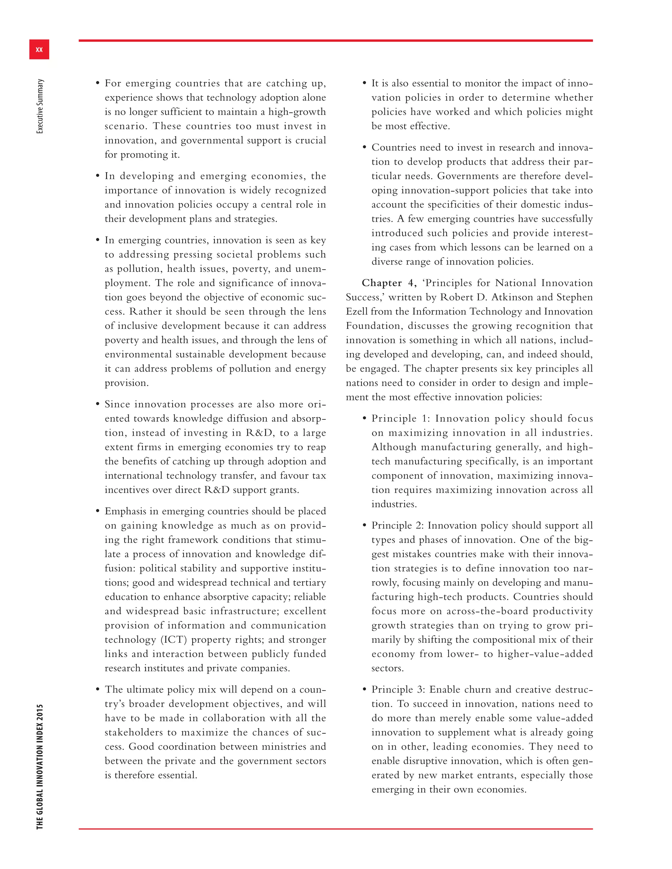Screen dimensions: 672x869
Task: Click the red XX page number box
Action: pyautogui.click(x=39, y=49)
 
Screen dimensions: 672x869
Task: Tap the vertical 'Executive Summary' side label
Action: pyautogui.click(x=40, y=106)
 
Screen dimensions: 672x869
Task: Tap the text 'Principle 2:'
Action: pyautogui.click(x=397, y=526)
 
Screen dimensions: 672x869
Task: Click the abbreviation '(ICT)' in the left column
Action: pyautogui.click(x=173, y=640)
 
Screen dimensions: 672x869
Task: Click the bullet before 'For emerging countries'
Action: pyautogui.click(x=97, y=83)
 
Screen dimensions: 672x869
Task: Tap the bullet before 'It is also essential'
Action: pyautogui.click(x=364, y=83)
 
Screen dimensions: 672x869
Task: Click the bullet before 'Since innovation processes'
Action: pyautogui.click(x=97, y=404)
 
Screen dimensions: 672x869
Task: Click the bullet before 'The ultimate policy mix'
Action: pyautogui.click(x=97, y=690)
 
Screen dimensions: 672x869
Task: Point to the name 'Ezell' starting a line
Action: pyautogui.click(x=357, y=312)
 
